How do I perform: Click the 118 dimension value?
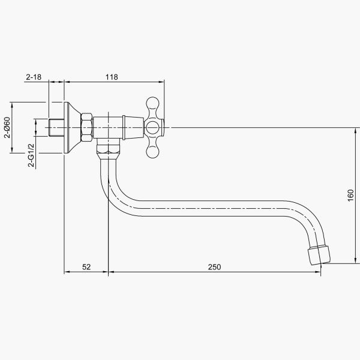click(111, 76)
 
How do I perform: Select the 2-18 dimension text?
click(32, 76)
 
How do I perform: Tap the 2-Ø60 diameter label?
click(8, 127)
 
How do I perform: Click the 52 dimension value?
click(86, 267)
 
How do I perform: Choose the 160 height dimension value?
click(351, 195)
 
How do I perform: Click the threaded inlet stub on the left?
click(55, 127)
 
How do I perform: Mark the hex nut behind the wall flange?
click(86, 127)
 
